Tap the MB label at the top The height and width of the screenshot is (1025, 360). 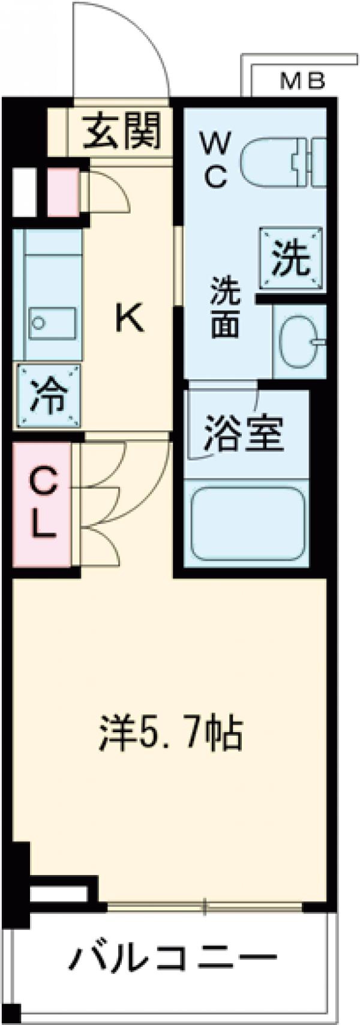point(303,80)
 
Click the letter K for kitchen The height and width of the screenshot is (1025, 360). point(130,318)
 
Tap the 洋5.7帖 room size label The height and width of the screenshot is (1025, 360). point(170,733)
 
